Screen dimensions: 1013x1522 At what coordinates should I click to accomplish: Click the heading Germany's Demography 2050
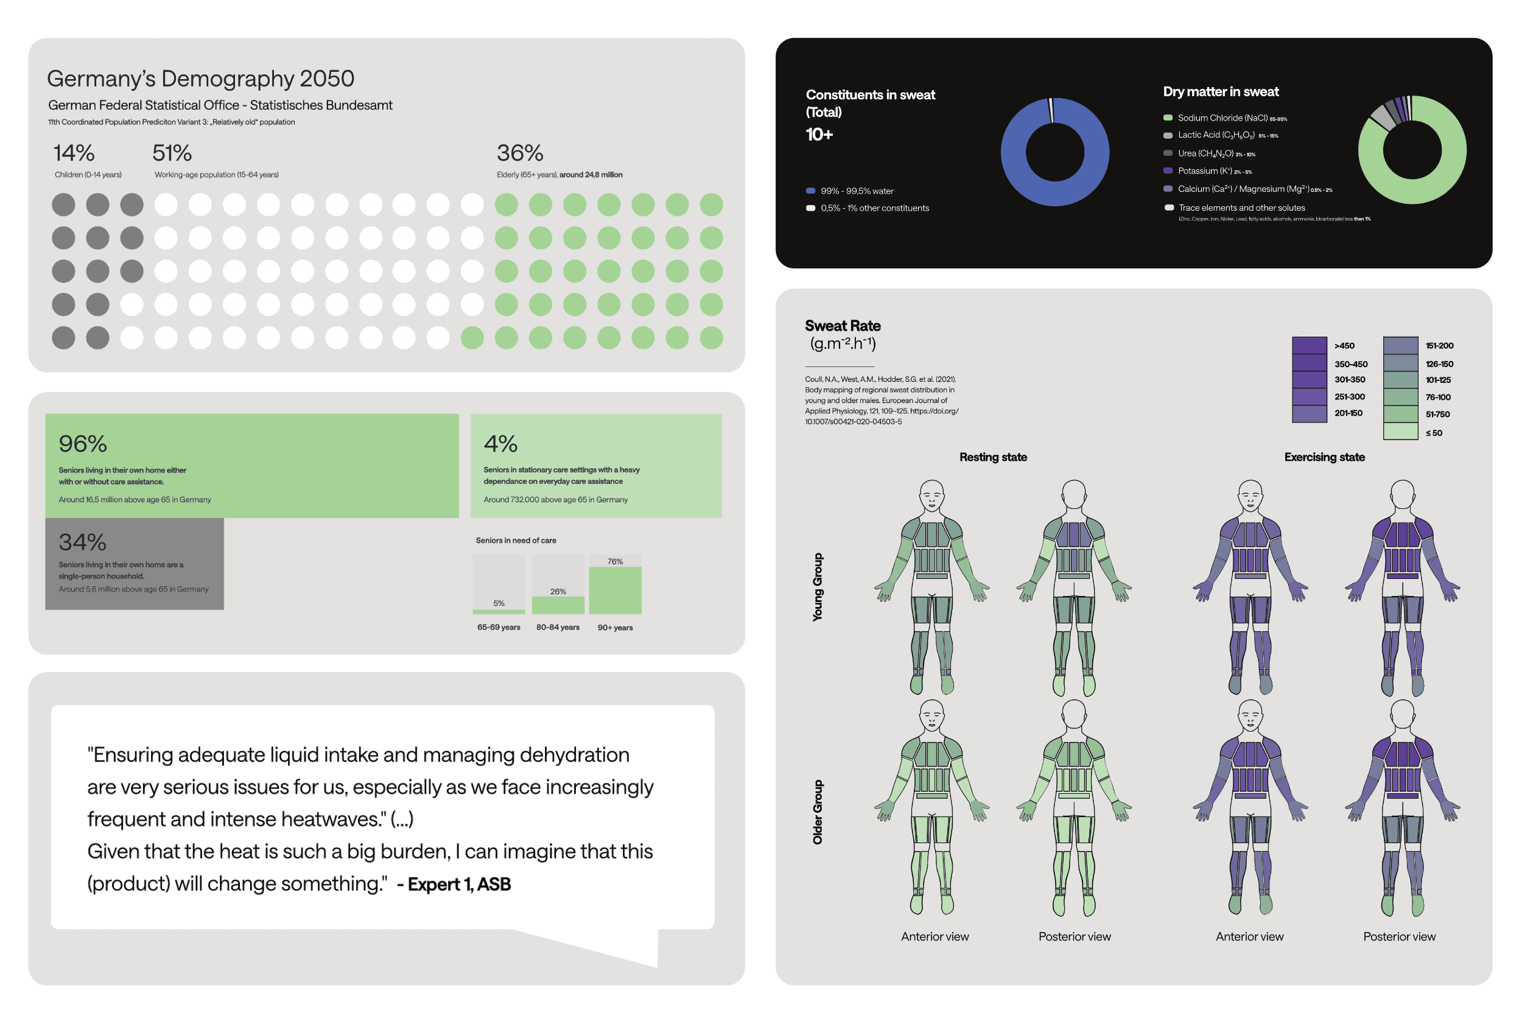(x=200, y=79)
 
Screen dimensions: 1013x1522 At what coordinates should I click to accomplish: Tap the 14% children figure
(x=74, y=153)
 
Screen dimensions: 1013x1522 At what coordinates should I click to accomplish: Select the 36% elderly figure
(x=519, y=153)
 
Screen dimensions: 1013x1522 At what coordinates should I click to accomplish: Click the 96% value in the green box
(x=83, y=444)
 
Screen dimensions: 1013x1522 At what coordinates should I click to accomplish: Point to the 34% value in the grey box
(x=82, y=542)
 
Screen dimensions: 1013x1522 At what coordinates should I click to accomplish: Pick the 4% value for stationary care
(x=500, y=444)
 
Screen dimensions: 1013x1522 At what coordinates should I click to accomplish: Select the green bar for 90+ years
(x=614, y=590)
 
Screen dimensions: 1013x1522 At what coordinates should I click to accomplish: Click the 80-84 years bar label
(x=558, y=627)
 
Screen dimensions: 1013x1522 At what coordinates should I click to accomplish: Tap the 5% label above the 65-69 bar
(x=499, y=603)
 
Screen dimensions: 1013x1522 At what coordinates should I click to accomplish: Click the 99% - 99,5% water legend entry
(x=856, y=191)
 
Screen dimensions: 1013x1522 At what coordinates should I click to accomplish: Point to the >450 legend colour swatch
(x=1308, y=346)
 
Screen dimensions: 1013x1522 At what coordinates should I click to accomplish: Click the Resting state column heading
(x=992, y=457)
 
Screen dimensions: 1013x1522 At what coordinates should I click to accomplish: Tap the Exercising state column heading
(x=1324, y=457)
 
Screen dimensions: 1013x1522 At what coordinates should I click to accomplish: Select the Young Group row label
(x=817, y=587)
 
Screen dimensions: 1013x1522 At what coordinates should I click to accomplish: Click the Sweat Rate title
(x=842, y=326)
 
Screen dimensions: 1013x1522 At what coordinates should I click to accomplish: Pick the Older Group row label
(x=817, y=811)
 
